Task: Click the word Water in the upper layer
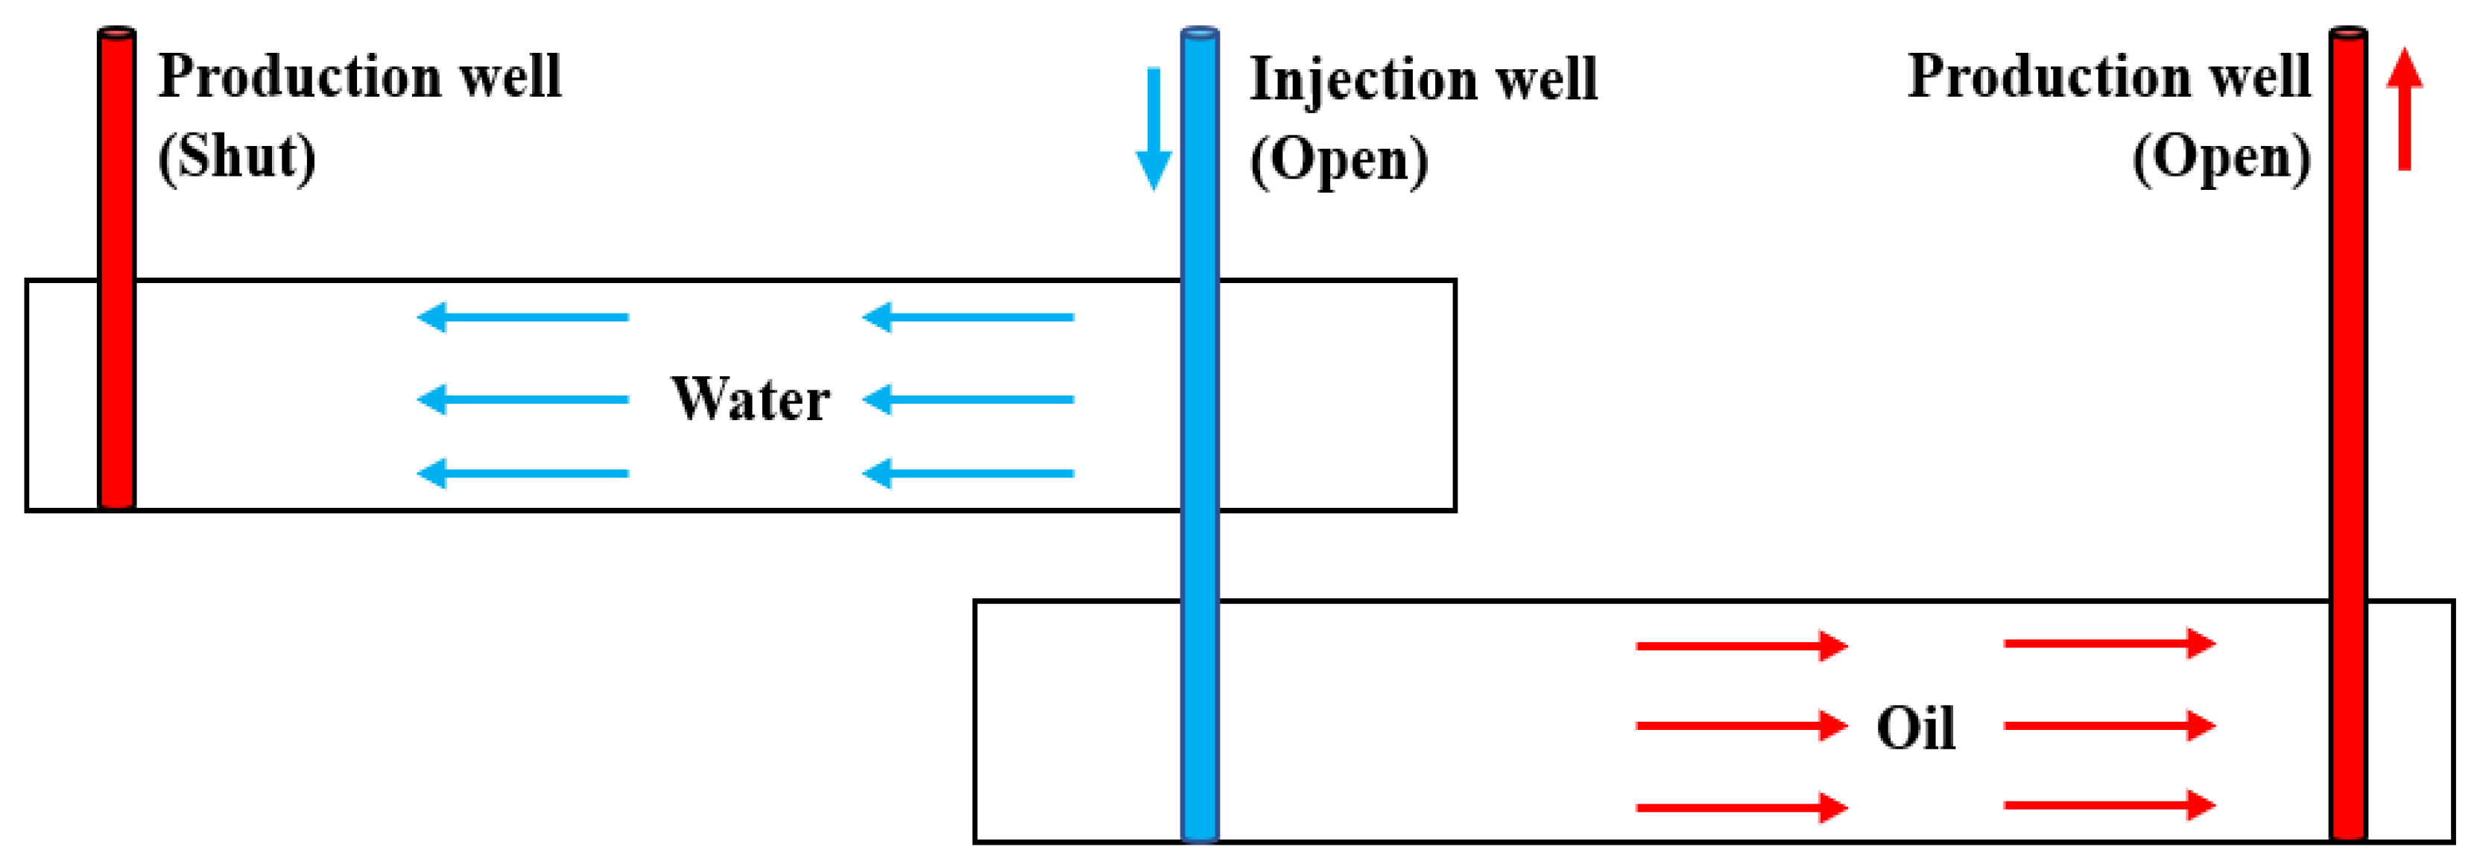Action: pyautogui.click(x=750, y=399)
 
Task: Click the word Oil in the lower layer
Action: pyautogui.click(x=1916, y=728)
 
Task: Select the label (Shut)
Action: pyautogui.click(x=237, y=156)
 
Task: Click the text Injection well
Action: pyautogui.click(x=1423, y=79)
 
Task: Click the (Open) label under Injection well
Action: pyautogui.click(x=1339, y=159)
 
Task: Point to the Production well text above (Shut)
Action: pyautogui.click(x=359, y=76)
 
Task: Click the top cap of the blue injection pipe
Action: pyautogui.click(x=1200, y=34)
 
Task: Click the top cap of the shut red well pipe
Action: pyautogui.click(x=116, y=34)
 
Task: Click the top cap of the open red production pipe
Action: pyautogui.click(x=2348, y=34)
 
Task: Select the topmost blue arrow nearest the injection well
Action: pyautogui.click(x=968, y=317)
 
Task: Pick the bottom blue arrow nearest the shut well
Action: pyautogui.click(x=523, y=473)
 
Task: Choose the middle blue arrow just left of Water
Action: pyautogui.click(x=523, y=399)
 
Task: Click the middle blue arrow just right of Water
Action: pyautogui.click(x=968, y=399)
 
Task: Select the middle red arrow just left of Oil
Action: pyautogui.click(x=1742, y=725)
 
